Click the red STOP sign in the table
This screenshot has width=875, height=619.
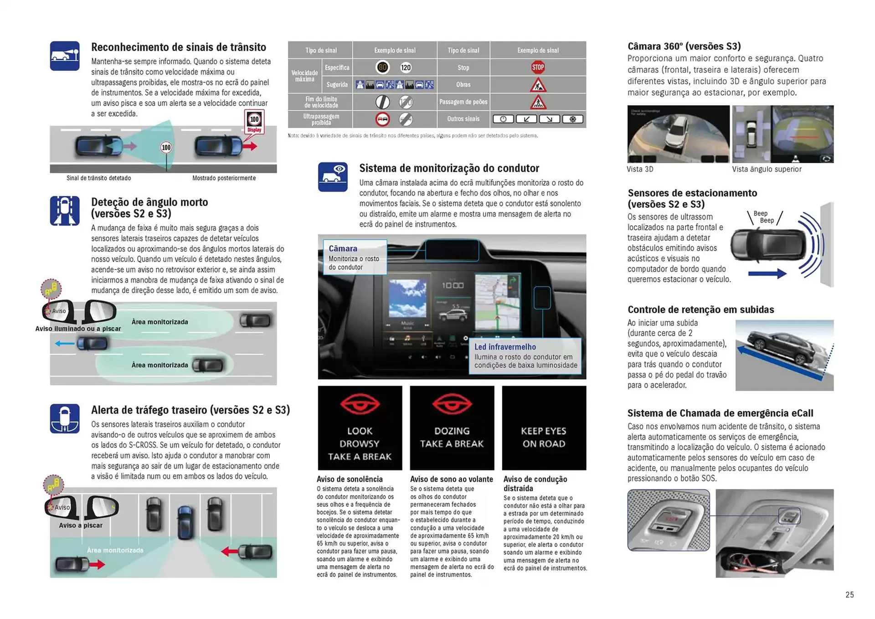coord(538,67)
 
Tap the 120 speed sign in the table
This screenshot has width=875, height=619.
coord(406,67)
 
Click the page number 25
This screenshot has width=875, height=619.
coord(849,594)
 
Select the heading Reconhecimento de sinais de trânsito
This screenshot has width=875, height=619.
coord(179,47)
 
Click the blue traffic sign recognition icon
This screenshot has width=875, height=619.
coord(65,56)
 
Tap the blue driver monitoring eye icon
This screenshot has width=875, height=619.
coord(333,177)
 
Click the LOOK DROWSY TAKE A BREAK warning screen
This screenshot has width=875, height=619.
coord(360,428)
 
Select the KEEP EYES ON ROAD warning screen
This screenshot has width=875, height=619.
coord(544,428)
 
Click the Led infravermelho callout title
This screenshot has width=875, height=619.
coord(505,346)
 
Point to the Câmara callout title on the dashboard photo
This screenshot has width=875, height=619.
coord(343,248)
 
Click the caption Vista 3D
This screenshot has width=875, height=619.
coord(640,169)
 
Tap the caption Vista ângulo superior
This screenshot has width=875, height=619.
coord(767,169)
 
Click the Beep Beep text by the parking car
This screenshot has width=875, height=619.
coord(764,217)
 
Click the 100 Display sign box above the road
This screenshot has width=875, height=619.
coord(254,122)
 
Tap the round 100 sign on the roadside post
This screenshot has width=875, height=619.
coord(166,147)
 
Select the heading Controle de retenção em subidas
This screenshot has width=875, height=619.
coord(700,309)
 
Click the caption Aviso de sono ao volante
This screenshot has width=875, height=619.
coord(451,479)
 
